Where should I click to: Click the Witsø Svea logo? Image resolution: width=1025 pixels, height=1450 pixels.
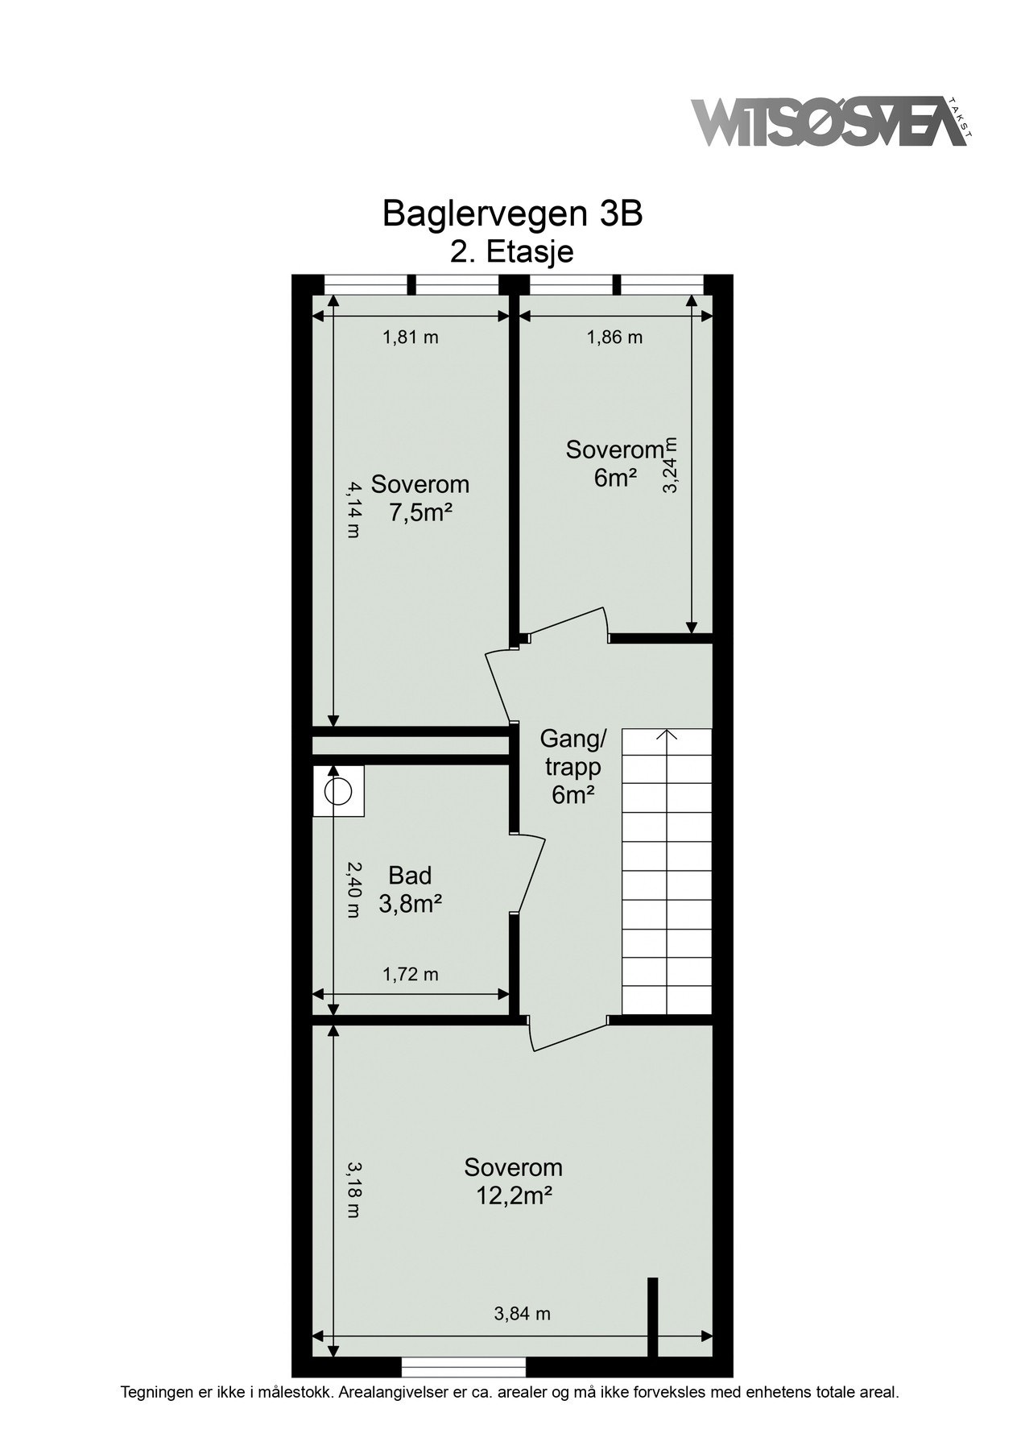click(829, 122)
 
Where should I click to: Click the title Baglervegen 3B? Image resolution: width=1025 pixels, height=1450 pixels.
click(512, 213)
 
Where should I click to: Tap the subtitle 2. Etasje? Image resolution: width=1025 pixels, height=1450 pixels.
click(512, 251)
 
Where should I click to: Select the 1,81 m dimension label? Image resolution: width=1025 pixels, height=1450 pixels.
click(410, 338)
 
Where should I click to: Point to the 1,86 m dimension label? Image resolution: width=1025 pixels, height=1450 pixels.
click(614, 338)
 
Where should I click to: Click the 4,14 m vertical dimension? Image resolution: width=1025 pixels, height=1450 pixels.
click(353, 508)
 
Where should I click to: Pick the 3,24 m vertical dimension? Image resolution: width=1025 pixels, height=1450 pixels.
click(671, 465)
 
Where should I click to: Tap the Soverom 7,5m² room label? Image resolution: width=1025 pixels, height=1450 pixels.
click(420, 499)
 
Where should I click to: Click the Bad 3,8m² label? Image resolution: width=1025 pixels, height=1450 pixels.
click(410, 889)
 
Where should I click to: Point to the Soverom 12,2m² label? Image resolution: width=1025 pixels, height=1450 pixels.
click(513, 1181)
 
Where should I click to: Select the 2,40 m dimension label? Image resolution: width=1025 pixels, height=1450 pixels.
click(353, 889)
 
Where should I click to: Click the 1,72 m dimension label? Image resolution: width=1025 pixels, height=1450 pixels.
click(410, 975)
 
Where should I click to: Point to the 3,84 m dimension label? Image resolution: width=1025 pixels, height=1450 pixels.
click(522, 1314)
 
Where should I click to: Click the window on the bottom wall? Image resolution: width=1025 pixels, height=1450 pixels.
click(463, 1367)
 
